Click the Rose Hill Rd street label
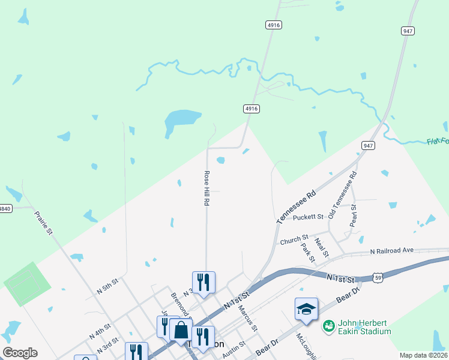pos(206,188)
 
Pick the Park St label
pos(309,253)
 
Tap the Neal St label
pos(322,247)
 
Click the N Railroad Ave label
pos(392,250)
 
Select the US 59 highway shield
pos(377,277)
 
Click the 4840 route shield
pos(5,208)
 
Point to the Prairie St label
pos(43,222)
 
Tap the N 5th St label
pos(108,285)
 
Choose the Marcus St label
pos(247,319)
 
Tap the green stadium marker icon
pos(328,326)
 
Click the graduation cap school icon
pos(306,309)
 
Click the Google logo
pos(20,353)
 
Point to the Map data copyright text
pos(424,355)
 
